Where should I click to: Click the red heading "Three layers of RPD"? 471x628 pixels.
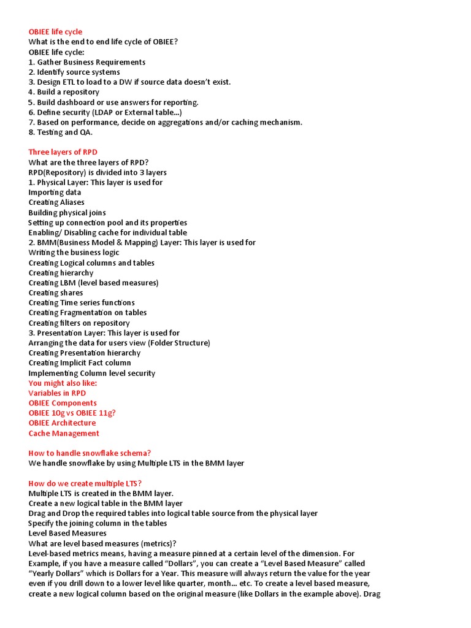pos(63,152)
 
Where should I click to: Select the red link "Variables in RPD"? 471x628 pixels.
pos(57,393)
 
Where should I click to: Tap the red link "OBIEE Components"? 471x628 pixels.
pos(63,403)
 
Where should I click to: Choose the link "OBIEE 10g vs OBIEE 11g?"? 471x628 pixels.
pos(72,413)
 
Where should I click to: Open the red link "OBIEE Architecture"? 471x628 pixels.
pos(62,423)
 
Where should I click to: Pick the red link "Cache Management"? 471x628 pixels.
pos(64,433)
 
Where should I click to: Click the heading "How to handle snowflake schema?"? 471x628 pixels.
pos(90,453)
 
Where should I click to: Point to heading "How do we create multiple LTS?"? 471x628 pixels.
pos(85,483)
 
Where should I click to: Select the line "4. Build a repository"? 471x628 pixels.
pos(64,92)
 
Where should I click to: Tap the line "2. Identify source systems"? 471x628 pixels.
pos(74,72)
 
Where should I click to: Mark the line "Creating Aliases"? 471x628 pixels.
pos(56,202)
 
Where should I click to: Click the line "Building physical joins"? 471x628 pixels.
pos(67,212)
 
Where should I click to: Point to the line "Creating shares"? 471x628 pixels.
pos(56,293)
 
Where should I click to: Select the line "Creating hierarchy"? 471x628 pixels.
pos(61,273)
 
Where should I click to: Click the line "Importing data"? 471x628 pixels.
pos(55,192)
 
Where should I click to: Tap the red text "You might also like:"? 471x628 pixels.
pos(63,383)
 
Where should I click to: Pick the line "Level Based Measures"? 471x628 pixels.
pos(67,533)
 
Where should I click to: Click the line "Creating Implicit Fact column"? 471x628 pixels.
pos(80,362)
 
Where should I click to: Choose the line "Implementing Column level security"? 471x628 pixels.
pos(91,373)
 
